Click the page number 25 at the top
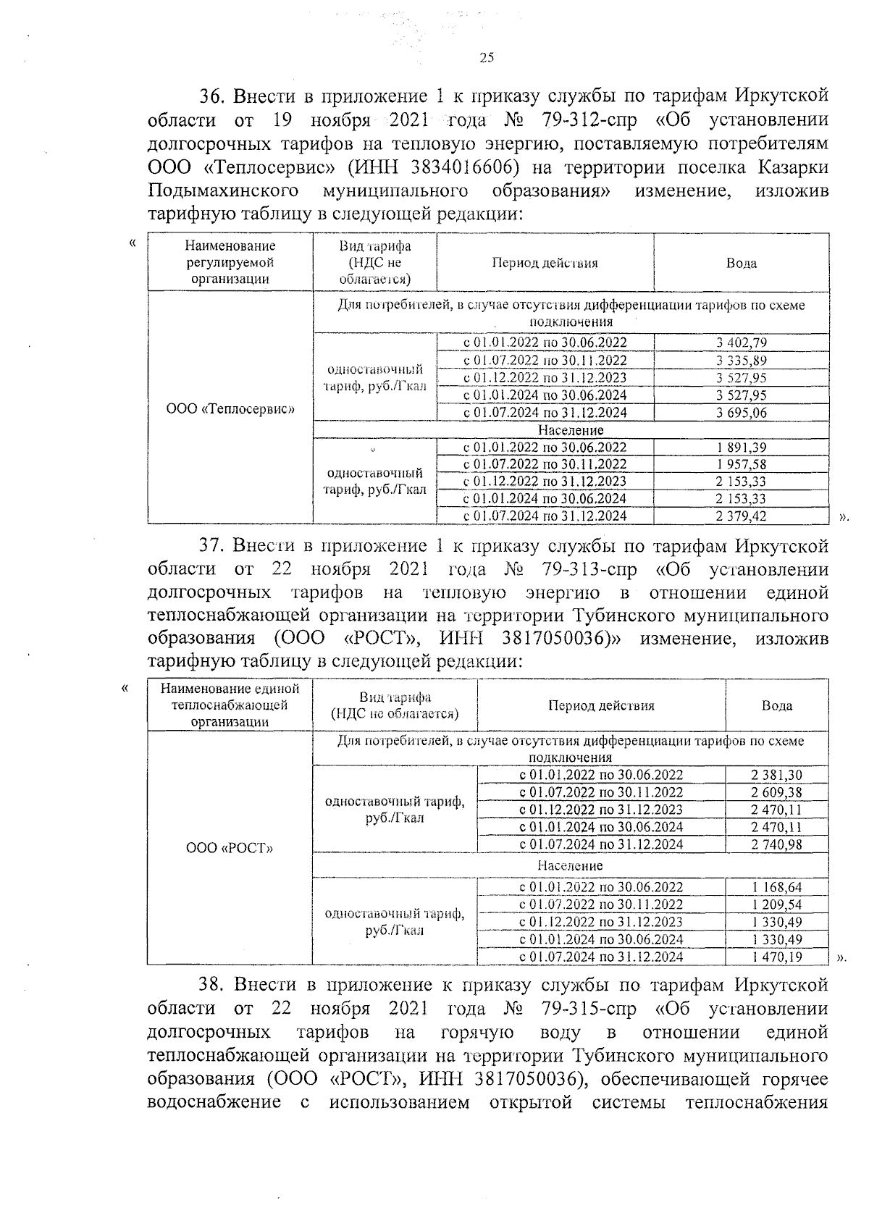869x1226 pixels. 487,58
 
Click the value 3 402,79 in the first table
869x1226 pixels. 742,343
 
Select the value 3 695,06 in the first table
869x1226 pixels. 742,413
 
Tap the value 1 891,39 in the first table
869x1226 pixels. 742,448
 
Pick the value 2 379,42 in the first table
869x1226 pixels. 742,516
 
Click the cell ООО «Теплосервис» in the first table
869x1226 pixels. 230,408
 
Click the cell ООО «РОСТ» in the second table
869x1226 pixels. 230,848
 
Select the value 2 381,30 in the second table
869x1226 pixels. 777,775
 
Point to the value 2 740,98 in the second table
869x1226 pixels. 777,844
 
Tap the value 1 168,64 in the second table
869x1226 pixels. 777,887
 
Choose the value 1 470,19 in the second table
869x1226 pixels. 777,957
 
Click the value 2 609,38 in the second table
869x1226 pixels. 777,792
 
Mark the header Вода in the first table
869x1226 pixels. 742,263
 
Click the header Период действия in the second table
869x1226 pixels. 601,705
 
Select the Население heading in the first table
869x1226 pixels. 571,430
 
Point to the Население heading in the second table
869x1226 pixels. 570,865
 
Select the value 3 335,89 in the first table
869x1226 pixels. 742,361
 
